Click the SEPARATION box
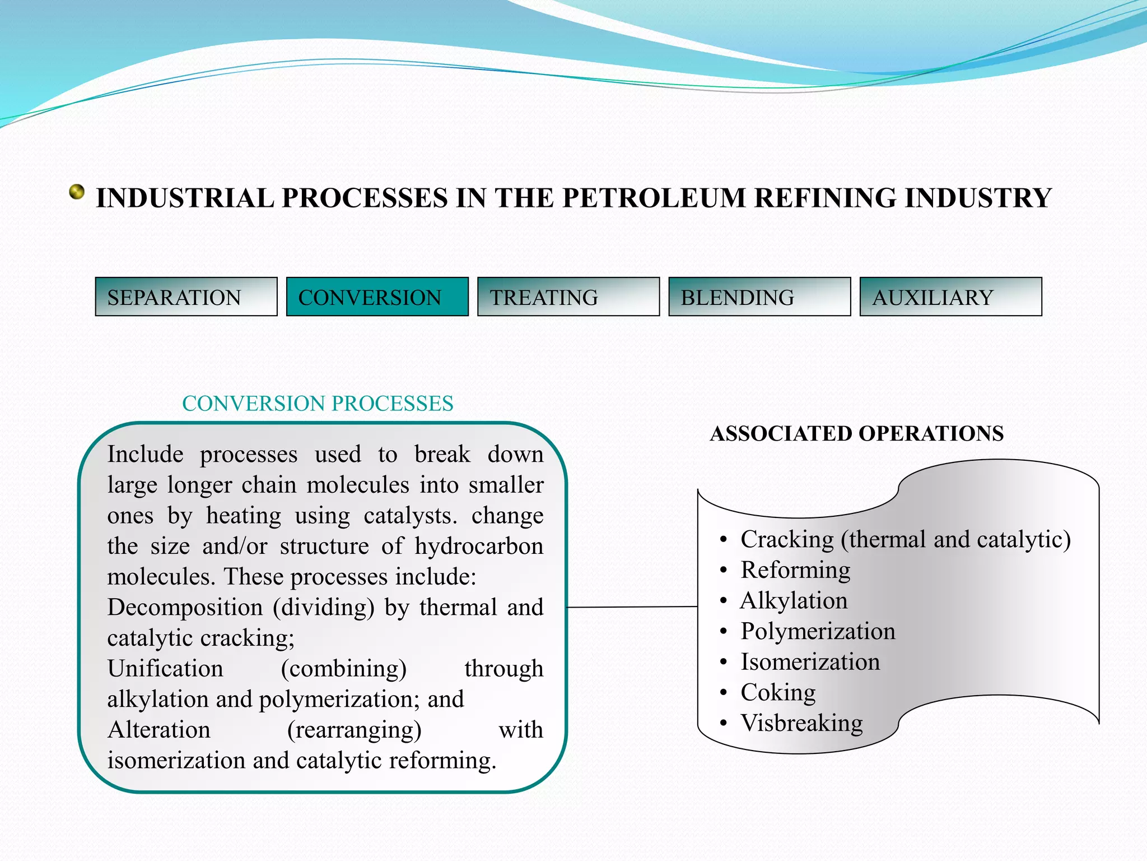186,297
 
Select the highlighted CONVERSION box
377,297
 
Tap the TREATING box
568,297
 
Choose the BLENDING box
759,297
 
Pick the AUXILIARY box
950,297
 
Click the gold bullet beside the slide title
77,192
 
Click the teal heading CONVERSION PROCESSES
318,404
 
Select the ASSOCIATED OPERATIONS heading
856,433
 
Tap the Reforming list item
795,570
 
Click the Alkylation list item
794,600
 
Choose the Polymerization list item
818,631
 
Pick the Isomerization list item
810,662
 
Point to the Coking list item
778,692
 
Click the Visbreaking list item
801,723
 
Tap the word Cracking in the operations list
787,539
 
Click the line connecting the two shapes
632,607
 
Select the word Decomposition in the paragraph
185,608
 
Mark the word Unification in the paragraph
165,669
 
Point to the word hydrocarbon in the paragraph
479,546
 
